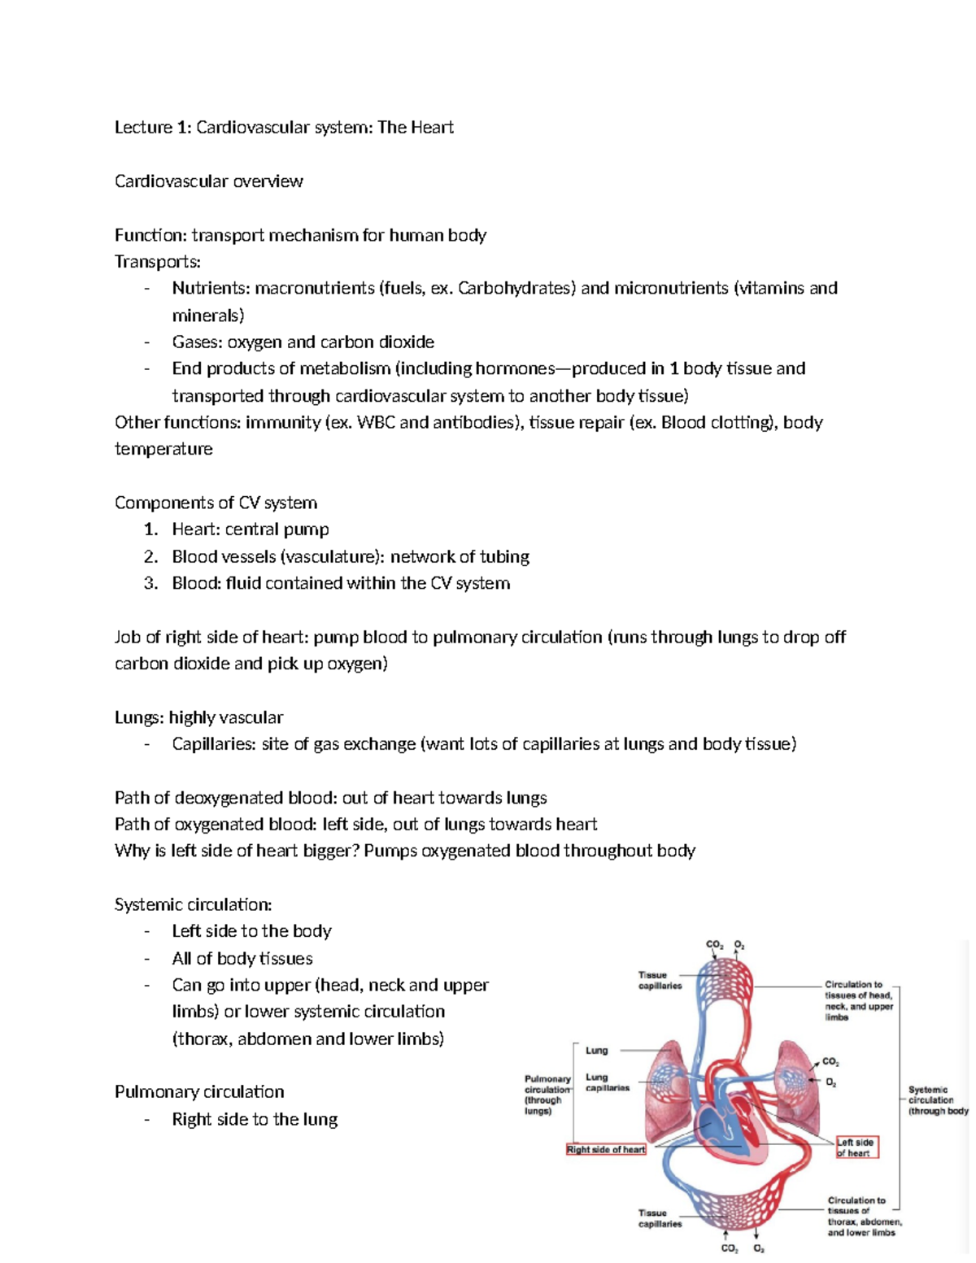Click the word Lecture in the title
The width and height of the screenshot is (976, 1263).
143,128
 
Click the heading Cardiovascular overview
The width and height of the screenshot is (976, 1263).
208,181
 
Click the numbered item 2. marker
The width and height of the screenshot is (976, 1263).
150,557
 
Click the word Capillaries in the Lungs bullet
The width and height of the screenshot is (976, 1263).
213,744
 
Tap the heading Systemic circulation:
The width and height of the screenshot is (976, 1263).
193,905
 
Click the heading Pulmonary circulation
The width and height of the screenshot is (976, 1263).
199,1092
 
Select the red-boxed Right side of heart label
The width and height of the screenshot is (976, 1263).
606,1149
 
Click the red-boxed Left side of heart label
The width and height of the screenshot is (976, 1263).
856,1148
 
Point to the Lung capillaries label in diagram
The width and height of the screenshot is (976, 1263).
607,1082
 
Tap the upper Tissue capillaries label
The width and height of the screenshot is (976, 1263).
660,980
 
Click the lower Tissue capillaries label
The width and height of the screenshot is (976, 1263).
660,1218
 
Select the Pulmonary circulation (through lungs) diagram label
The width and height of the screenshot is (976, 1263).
547,1095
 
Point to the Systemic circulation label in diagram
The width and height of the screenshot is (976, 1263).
937,1100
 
